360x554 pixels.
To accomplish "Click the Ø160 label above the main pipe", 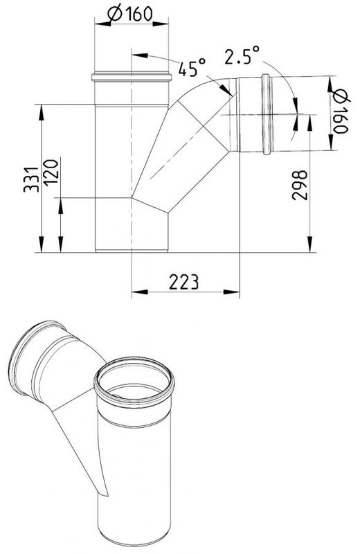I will [x=129, y=12].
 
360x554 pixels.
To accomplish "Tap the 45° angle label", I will [x=192, y=68].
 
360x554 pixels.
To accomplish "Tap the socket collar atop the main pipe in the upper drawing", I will [x=131, y=76].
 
